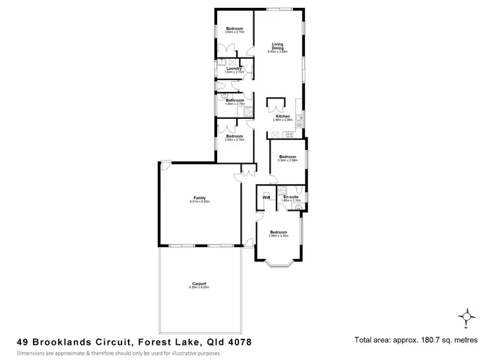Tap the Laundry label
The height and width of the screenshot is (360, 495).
(232, 69)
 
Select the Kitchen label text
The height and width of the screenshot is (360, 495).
(283, 116)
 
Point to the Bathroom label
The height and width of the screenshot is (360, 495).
(235, 100)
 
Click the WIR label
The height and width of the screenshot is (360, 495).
(267, 198)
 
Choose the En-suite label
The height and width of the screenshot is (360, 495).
(290, 198)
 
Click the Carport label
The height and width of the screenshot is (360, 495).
(199, 284)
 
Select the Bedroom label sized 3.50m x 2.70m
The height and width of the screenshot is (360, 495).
(235, 28)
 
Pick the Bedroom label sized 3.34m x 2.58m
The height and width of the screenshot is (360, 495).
(288, 157)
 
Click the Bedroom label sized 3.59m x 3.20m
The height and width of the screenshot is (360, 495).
(278, 232)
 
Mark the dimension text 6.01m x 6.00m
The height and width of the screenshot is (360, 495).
(200, 201)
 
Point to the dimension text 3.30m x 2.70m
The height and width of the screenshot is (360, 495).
(235, 140)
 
